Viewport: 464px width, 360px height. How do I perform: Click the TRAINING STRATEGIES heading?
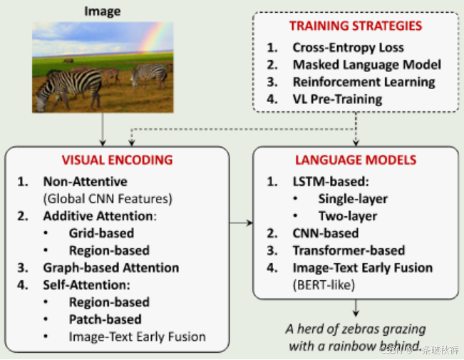click(x=355, y=26)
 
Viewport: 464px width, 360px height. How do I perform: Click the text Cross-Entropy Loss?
click(x=348, y=48)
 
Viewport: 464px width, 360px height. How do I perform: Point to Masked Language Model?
click(x=366, y=65)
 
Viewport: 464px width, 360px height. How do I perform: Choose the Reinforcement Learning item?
click(x=364, y=82)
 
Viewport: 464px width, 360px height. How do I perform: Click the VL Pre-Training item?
click(x=337, y=99)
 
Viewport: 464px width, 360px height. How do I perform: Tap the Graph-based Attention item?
click(x=110, y=267)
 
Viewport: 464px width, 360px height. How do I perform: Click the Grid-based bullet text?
click(x=100, y=233)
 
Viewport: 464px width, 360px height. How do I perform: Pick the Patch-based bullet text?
click(x=105, y=319)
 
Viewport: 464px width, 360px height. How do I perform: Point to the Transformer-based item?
click(x=348, y=250)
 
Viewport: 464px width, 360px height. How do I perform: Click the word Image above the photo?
click(x=102, y=11)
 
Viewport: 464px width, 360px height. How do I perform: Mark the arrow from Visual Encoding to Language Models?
click(x=240, y=224)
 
